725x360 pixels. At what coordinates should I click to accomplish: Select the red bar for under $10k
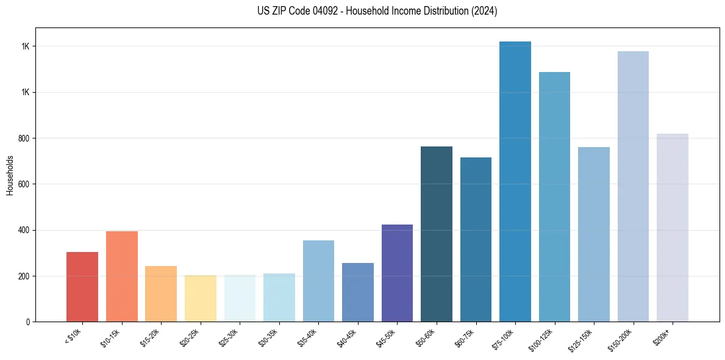click(x=82, y=287)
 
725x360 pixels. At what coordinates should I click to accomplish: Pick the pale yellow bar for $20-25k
click(x=200, y=298)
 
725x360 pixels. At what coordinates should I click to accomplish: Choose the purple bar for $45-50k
click(x=397, y=273)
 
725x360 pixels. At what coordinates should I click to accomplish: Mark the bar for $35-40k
click(x=318, y=281)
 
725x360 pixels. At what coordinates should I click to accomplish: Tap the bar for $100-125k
click(x=554, y=196)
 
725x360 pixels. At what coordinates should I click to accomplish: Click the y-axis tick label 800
click(x=24, y=139)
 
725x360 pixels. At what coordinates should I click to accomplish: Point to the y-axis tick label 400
click(x=24, y=230)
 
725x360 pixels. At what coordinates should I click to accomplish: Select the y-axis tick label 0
click(x=28, y=322)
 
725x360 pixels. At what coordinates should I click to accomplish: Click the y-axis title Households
click(x=10, y=175)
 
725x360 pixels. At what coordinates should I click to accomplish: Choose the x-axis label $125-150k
click(x=582, y=339)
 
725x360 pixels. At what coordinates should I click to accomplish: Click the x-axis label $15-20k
click(x=151, y=337)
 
